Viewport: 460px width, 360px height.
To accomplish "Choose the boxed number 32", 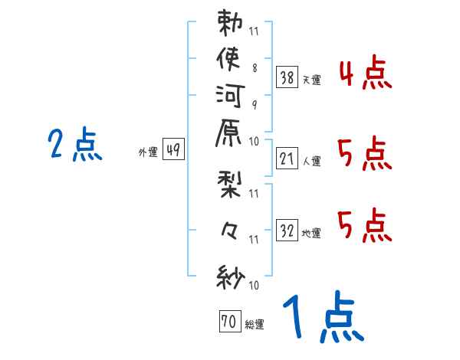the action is [x=287, y=230].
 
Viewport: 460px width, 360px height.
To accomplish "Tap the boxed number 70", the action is [x=228, y=322].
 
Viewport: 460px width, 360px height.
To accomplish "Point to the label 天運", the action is [x=311, y=79].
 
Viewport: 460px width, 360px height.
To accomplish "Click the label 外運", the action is [x=148, y=152].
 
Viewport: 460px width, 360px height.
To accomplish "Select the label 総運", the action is [x=255, y=325].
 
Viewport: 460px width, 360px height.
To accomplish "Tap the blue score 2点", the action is [x=75, y=144].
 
